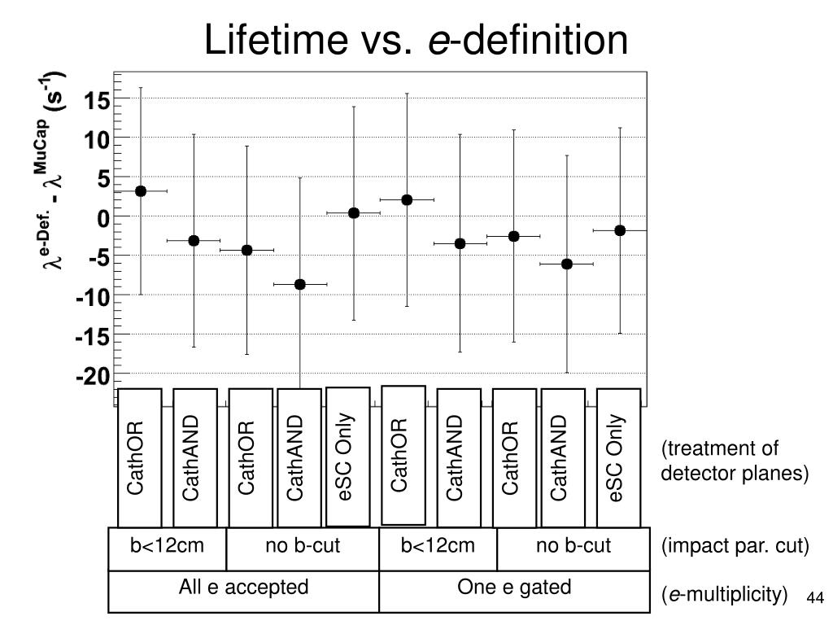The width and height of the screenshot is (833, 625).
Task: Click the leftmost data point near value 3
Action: click(x=141, y=191)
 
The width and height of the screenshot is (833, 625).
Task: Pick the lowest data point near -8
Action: click(x=300, y=284)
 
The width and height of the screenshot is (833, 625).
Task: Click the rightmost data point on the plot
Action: click(x=620, y=230)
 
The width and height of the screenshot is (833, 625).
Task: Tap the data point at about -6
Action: click(x=567, y=264)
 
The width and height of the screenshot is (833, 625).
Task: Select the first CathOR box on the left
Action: click(x=139, y=457)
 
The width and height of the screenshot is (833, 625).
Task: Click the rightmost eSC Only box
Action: click(x=618, y=457)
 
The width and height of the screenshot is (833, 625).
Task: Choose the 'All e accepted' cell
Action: click(x=243, y=588)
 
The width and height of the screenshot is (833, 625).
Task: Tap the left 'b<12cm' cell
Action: click(x=167, y=546)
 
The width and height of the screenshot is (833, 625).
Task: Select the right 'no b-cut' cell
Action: click(x=573, y=546)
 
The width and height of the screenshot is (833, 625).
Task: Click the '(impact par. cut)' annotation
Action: click(x=735, y=547)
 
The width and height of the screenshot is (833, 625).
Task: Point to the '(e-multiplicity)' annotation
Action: click(x=725, y=596)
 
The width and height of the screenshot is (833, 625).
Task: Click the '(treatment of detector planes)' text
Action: click(x=734, y=461)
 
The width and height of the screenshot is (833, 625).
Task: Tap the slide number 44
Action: click(x=815, y=598)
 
